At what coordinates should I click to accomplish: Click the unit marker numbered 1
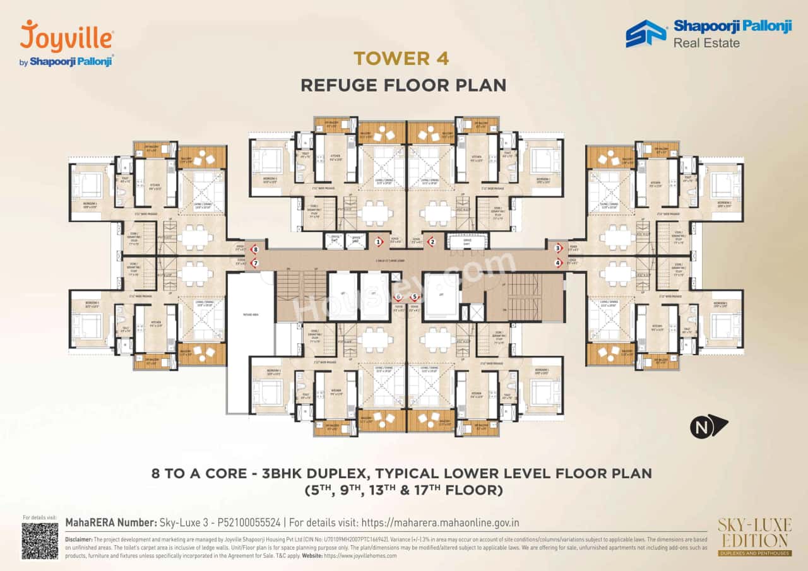(x=379, y=241)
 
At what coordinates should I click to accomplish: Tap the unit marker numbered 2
(x=432, y=241)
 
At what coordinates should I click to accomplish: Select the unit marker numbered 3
(x=558, y=248)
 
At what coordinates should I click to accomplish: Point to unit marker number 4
(x=558, y=263)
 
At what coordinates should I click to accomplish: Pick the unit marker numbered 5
(x=415, y=297)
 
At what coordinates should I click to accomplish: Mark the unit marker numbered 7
(x=254, y=263)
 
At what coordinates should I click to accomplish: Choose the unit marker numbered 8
(x=254, y=249)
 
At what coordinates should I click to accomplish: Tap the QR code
(x=40, y=541)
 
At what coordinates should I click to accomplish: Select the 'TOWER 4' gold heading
(x=401, y=59)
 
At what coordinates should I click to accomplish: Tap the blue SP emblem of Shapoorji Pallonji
(x=646, y=33)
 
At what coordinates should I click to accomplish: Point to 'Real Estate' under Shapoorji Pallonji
(x=706, y=43)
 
